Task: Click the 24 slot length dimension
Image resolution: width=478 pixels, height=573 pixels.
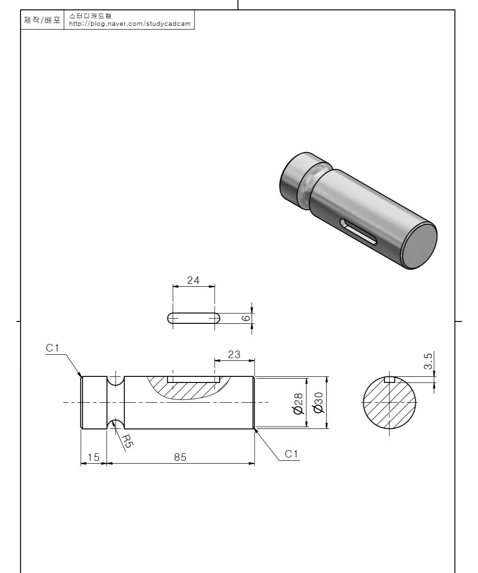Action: tap(193, 280)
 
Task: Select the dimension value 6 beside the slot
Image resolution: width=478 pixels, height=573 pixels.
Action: tap(246, 318)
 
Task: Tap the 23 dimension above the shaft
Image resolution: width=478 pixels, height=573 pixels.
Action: tap(234, 355)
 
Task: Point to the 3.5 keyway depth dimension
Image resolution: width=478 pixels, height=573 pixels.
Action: tap(428, 361)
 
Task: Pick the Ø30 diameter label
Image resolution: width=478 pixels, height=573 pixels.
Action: tap(318, 403)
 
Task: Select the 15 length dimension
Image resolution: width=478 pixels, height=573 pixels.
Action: tap(93, 457)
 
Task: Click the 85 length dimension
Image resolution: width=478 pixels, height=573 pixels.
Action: tap(180, 457)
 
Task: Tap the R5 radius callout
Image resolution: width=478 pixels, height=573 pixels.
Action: tap(127, 441)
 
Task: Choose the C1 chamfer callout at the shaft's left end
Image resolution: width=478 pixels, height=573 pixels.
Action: tap(52, 348)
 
